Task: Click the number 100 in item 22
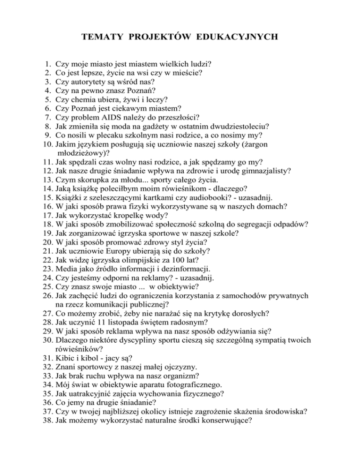click(198, 261)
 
